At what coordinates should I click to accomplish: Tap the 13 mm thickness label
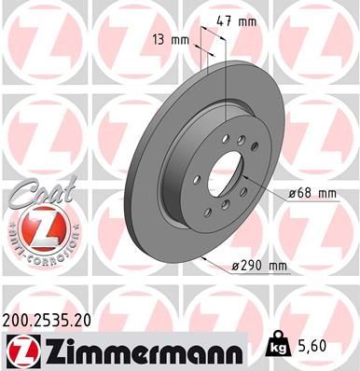[x=168, y=40]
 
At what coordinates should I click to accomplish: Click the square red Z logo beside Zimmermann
[x=24, y=350]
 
